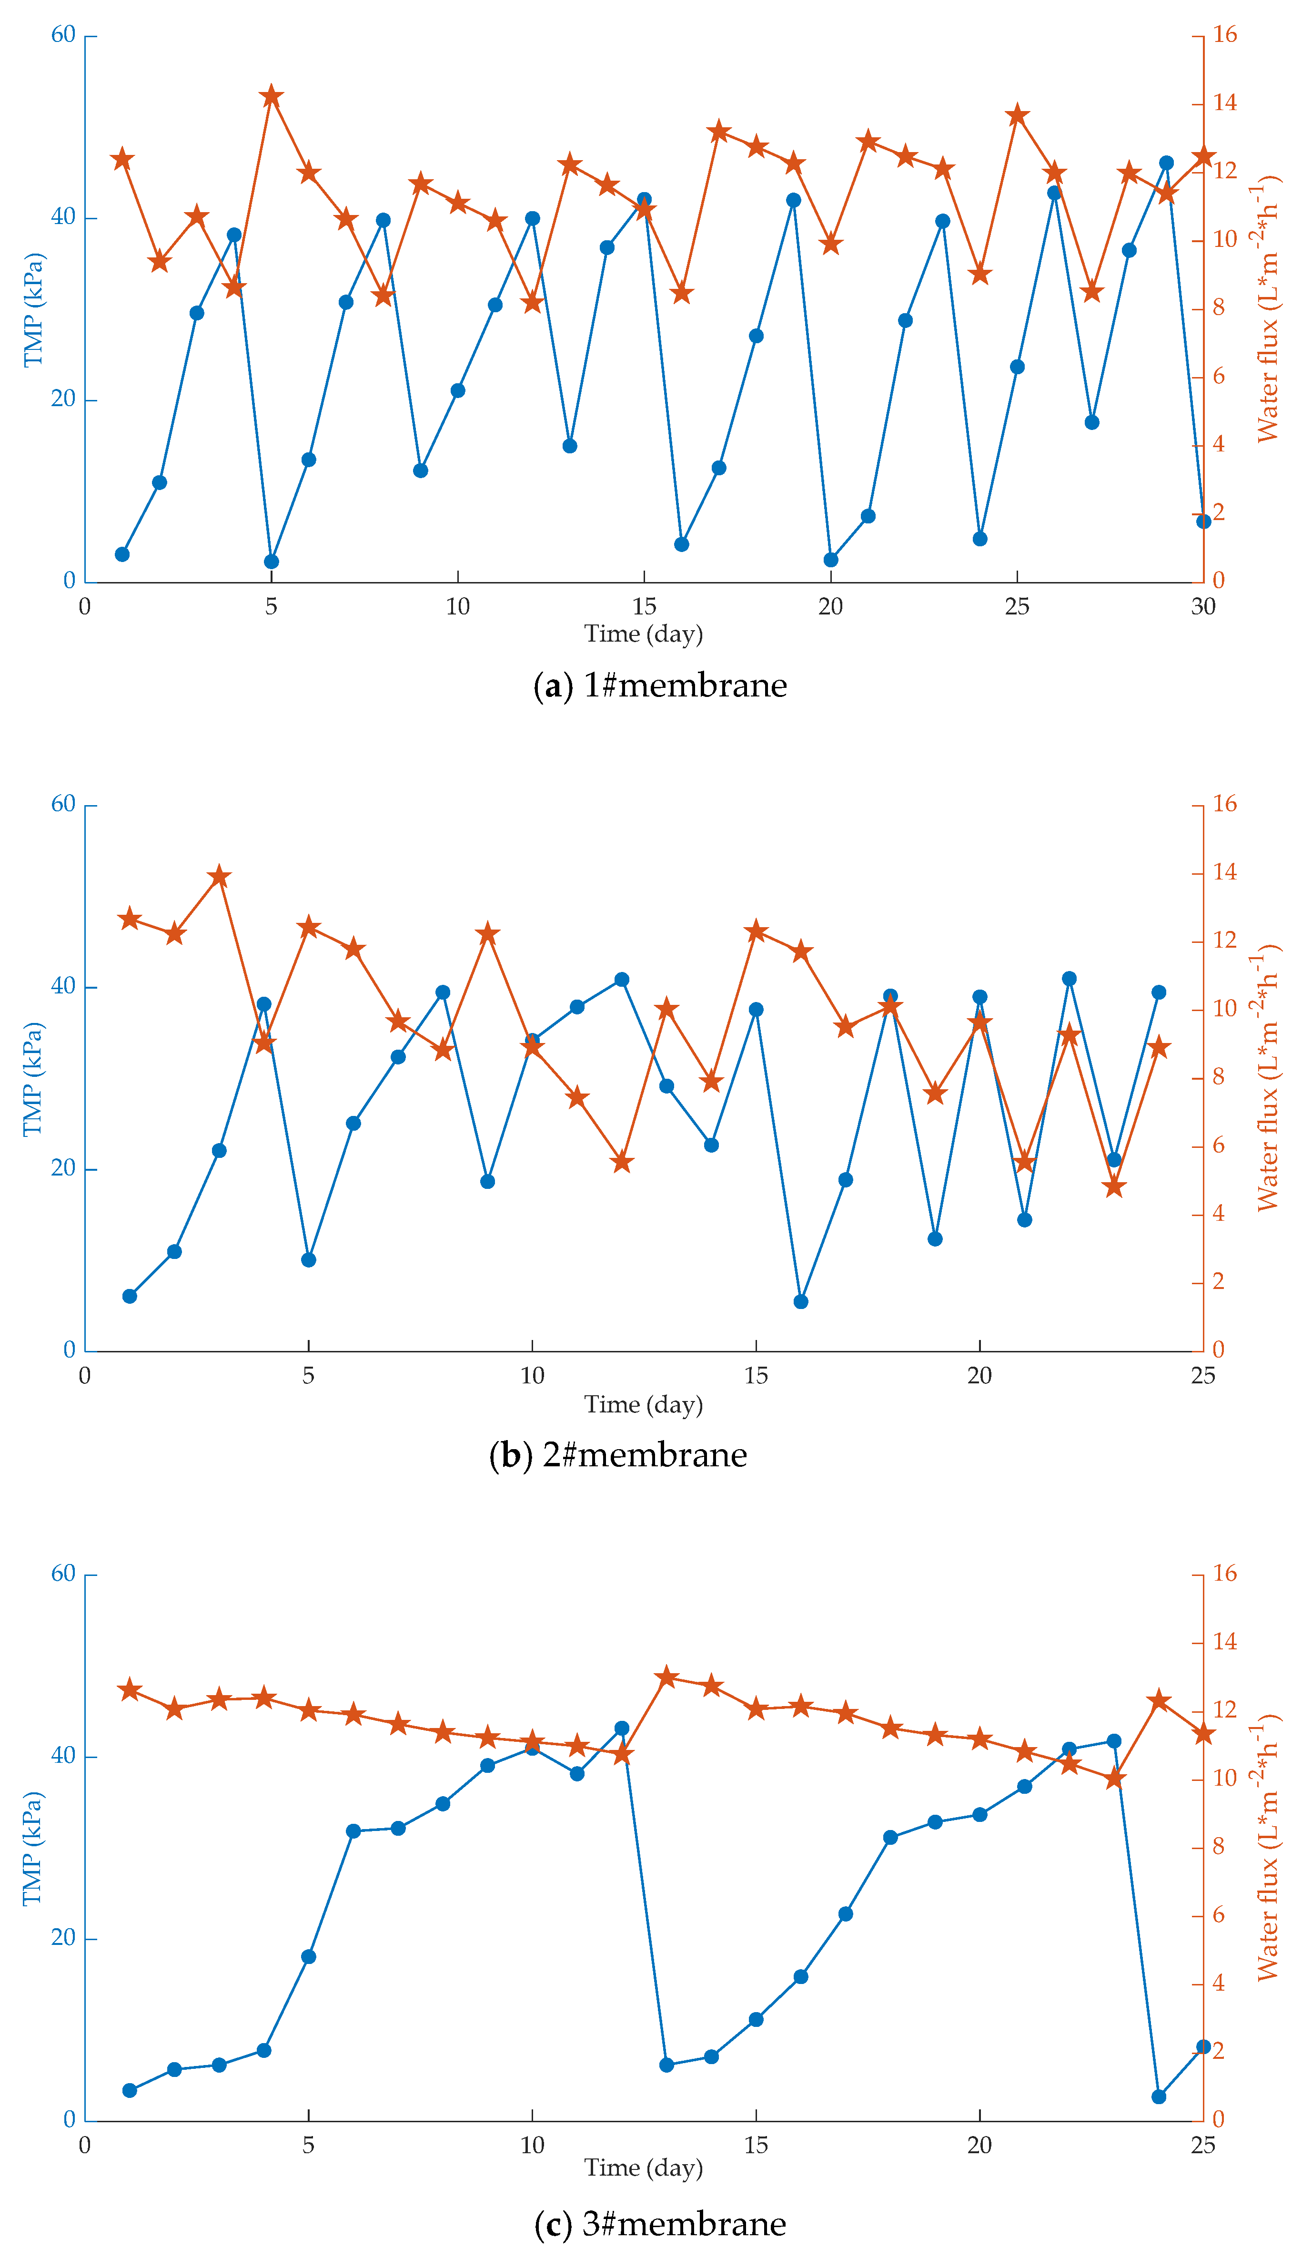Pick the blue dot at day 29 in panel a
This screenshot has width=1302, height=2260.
point(1166,163)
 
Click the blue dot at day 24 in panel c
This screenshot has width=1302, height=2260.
point(1159,2096)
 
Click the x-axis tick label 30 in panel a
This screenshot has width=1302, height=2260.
point(1203,607)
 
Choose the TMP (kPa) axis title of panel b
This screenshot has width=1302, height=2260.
point(33,1079)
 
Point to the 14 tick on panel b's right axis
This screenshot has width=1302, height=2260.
point(1224,872)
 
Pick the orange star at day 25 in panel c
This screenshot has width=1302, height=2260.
point(1204,1734)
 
